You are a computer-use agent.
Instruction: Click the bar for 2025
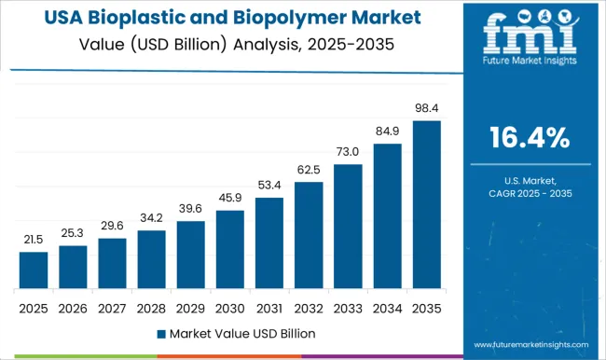pyautogui.click(x=33, y=270)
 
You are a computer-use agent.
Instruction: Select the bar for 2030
pyautogui.click(x=229, y=249)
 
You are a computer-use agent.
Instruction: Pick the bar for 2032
pyautogui.click(x=309, y=234)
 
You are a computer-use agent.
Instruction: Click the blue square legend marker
pyautogui.click(x=161, y=333)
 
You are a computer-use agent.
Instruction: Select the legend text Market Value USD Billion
pyautogui.click(x=242, y=333)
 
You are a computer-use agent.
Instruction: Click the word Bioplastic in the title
pyautogui.click(x=158, y=19)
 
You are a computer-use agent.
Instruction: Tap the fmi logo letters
pyautogui.click(x=527, y=34)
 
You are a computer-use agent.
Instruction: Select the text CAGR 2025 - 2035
pyautogui.click(x=530, y=191)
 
